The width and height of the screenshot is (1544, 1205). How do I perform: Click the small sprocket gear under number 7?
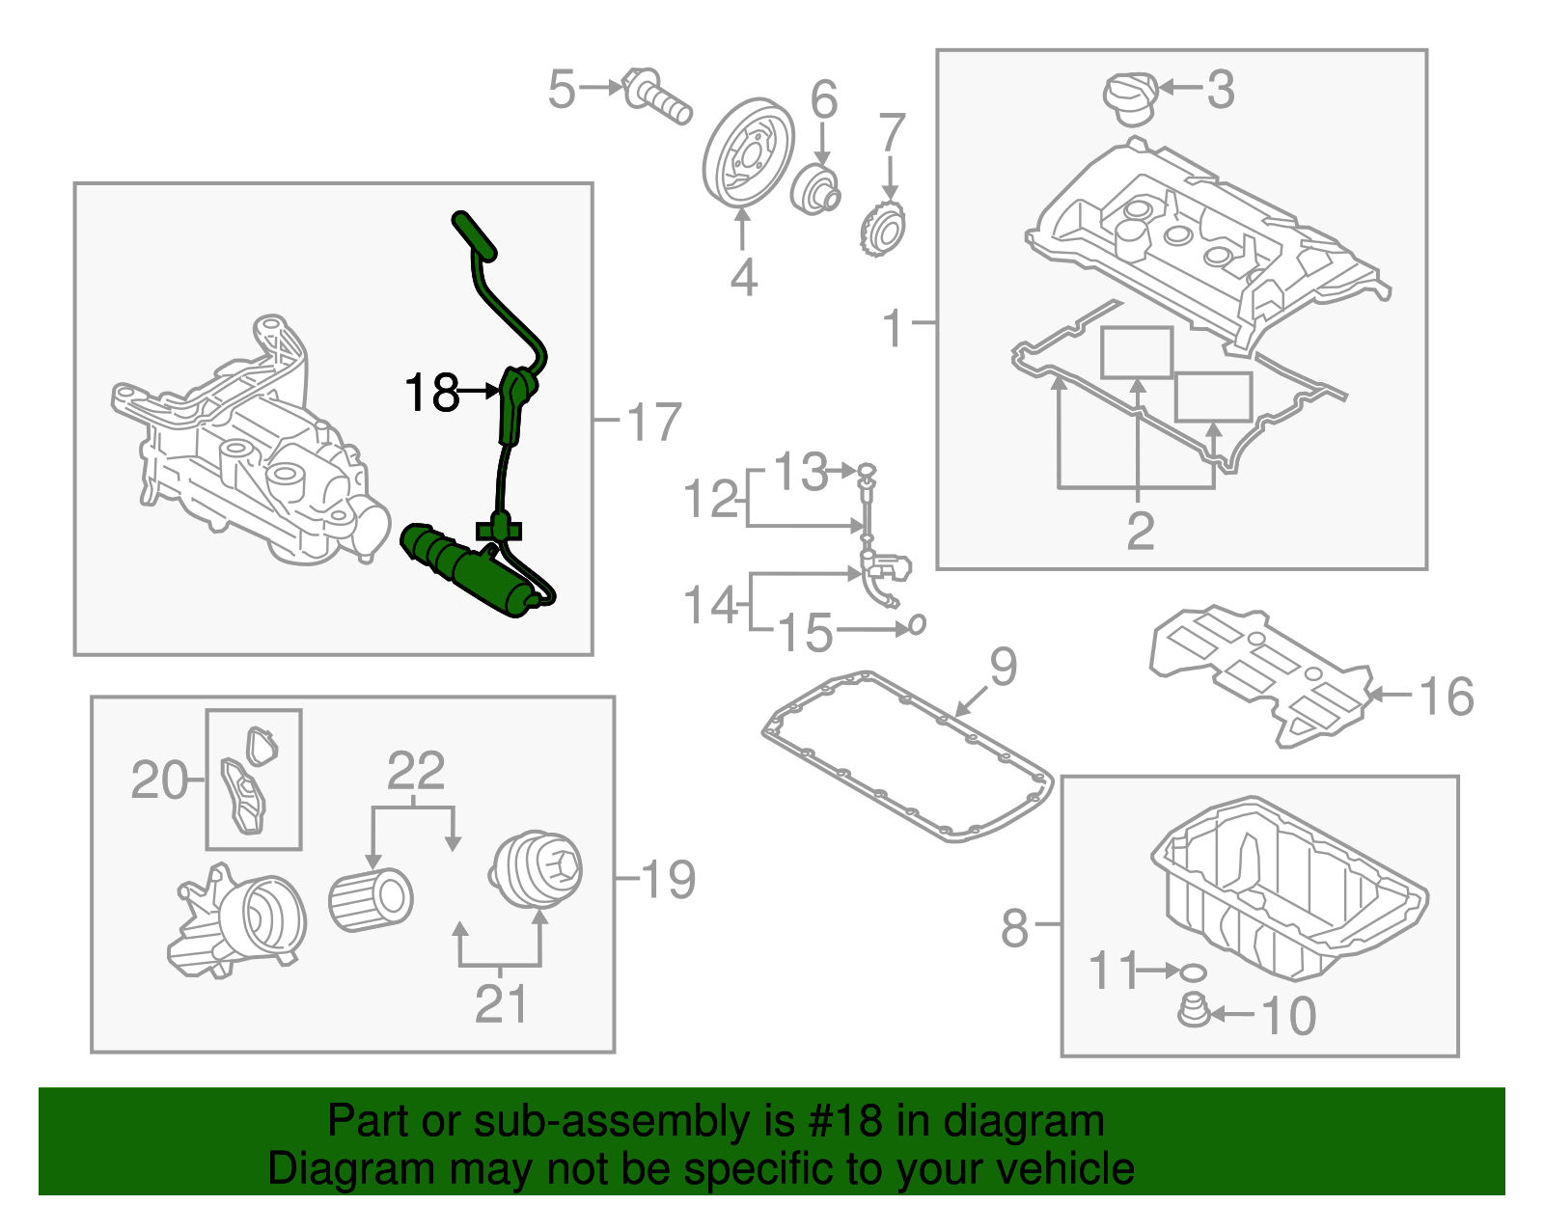(883, 229)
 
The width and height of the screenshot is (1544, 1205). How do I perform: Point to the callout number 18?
(431, 394)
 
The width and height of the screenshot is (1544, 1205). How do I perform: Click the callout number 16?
(1447, 697)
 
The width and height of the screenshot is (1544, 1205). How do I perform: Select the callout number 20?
(159, 780)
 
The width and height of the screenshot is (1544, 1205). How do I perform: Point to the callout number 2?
(1140, 532)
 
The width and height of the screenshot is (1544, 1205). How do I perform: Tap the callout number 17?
(654, 422)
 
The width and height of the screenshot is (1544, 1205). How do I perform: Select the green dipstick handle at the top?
(475, 236)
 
